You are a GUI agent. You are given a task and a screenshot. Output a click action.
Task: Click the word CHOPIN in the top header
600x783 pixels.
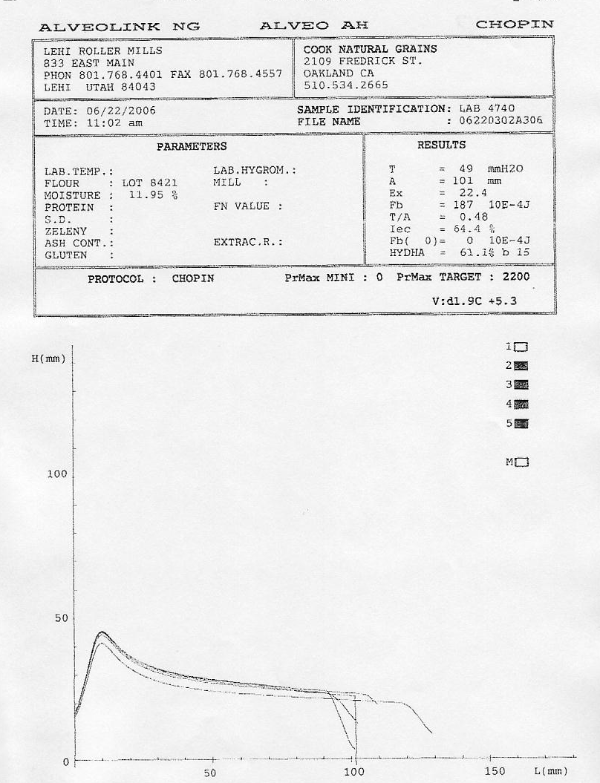pos(515,24)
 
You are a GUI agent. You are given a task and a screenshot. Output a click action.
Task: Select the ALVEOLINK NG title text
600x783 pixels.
pos(119,27)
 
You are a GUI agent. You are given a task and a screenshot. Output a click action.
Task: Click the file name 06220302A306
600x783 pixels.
pos(501,121)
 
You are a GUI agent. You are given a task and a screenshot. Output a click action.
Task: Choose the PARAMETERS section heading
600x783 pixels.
pos(192,147)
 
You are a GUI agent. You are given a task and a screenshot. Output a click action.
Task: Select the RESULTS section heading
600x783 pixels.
pos(441,145)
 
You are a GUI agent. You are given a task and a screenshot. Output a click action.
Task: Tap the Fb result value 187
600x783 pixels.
pos(463,205)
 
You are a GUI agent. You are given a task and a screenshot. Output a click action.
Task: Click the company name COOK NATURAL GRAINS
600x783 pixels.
pos(371,49)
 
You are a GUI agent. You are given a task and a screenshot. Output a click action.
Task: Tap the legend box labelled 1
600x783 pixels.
pos(521,347)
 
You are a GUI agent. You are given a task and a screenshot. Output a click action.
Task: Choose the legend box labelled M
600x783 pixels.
pos(522,462)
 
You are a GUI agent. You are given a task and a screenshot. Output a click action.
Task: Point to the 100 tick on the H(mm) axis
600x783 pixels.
pos(58,474)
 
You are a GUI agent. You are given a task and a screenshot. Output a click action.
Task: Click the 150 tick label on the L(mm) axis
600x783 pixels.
pos(495,772)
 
